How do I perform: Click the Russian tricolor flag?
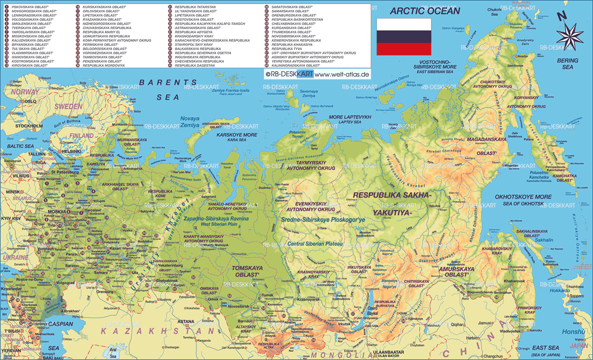pos(404,37)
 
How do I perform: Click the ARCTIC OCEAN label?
pos(424,10)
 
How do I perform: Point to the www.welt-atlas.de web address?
pos(342,75)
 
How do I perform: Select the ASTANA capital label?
pos(186,321)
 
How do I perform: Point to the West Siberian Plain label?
pos(215,225)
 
